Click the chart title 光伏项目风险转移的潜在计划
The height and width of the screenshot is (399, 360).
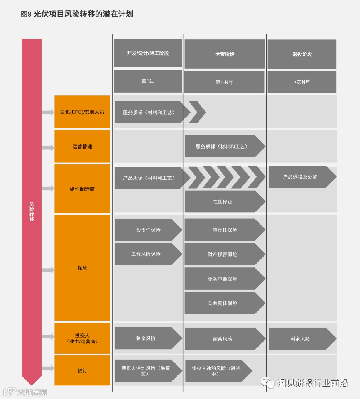click(x=83, y=14)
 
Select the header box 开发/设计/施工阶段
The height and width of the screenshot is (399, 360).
click(x=148, y=53)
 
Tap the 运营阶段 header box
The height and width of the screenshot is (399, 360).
click(x=225, y=54)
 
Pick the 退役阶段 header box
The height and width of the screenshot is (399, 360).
click(x=302, y=54)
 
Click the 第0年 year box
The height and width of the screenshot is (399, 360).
click(x=148, y=81)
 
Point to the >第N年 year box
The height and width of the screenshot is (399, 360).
click(x=302, y=82)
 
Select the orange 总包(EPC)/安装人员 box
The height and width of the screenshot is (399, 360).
click(x=82, y=112)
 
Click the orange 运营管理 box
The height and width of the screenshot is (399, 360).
click(x=82, y=147)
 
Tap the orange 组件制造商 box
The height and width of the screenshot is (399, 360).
click(x=82, y=189)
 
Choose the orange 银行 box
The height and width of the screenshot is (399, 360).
click(x=82, y=370)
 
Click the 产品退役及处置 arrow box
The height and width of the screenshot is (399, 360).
click(x=300, y=177)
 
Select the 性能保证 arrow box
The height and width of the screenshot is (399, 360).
click(x=223, y=201)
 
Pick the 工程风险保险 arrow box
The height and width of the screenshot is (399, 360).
click(x=146, y=254)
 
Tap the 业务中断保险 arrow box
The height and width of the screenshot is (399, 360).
click(x=223, y=279)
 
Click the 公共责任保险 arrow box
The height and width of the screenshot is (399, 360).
click(x=223, y=303)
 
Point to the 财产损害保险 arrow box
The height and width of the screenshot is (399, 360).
click(x=223, y=254)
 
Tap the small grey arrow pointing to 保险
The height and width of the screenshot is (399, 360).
click(x=48, y=270)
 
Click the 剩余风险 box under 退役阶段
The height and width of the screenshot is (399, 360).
click(x=300, y=339)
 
